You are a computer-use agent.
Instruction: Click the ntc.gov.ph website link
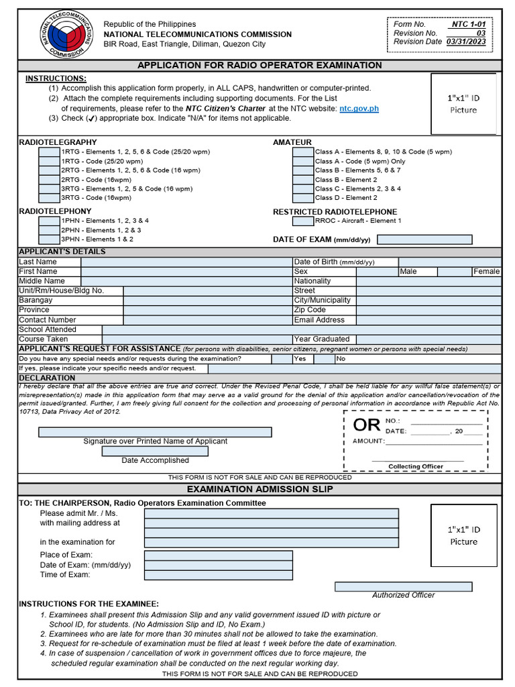pyautogui.click(x=359, y=108)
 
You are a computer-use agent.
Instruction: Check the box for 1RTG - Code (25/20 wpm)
pyautogui.click(x=50, y=162)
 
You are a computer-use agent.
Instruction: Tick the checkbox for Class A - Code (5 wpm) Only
pyautogui.click(x=303, y=162)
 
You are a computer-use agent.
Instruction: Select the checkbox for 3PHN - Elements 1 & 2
pyautogui.click(x=50, y=239)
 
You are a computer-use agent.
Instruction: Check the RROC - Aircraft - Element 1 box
pyautogui.click(x=303, y=221)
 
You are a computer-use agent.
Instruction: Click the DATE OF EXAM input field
pyautogui.click(x=424, y=240)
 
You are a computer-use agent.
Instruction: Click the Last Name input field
pyautogui.click(x=186, y=262)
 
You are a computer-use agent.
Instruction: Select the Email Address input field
pyautogui.click(x=428, y=320)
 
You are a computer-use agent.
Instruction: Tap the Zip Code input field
pyautogui.click(x=428, y=310)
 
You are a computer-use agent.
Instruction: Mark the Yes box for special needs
pyautogui.click(x=281, y=359)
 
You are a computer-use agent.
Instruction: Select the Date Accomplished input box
pyautogui.click(x=154, y=452)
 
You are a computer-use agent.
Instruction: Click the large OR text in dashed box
pyautogui.click(x=366, y=425)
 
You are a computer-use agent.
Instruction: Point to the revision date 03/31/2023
pyautogui.click(x=467, y=42)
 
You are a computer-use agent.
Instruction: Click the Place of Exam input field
pyautogui.click(x=219, y=556)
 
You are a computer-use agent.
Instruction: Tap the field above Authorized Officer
pyautogui.click(x=403, y=586)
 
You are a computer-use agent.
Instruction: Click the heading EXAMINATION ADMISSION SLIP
pyautogui.click(x=259, y=489)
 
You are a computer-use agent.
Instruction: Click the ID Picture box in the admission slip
pyautogui.click(x=463, y=535)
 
